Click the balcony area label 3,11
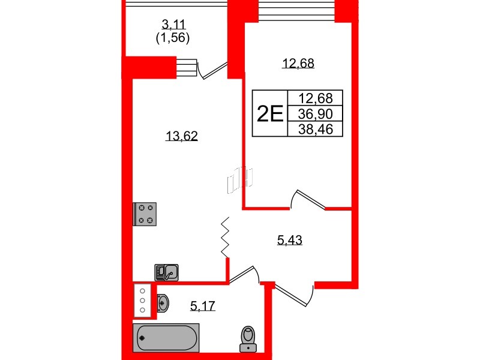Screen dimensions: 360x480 coord(175,25)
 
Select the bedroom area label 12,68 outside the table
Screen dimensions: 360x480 coord(298,63)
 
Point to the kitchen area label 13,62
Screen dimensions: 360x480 coord(181,136)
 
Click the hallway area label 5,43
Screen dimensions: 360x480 coord(290,241)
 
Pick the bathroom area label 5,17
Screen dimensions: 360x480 coord(202,307)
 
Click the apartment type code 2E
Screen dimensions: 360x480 coord(269,113)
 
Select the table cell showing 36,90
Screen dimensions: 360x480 coord(315,113)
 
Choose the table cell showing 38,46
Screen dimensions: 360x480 coord(315,128)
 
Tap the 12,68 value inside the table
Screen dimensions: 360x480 coord(315,98)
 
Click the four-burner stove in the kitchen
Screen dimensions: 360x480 coord(146,214)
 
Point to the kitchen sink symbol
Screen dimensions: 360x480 coord(167,272)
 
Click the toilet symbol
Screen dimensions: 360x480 coord(247,338)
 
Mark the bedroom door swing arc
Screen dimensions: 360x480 coord(307,199)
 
